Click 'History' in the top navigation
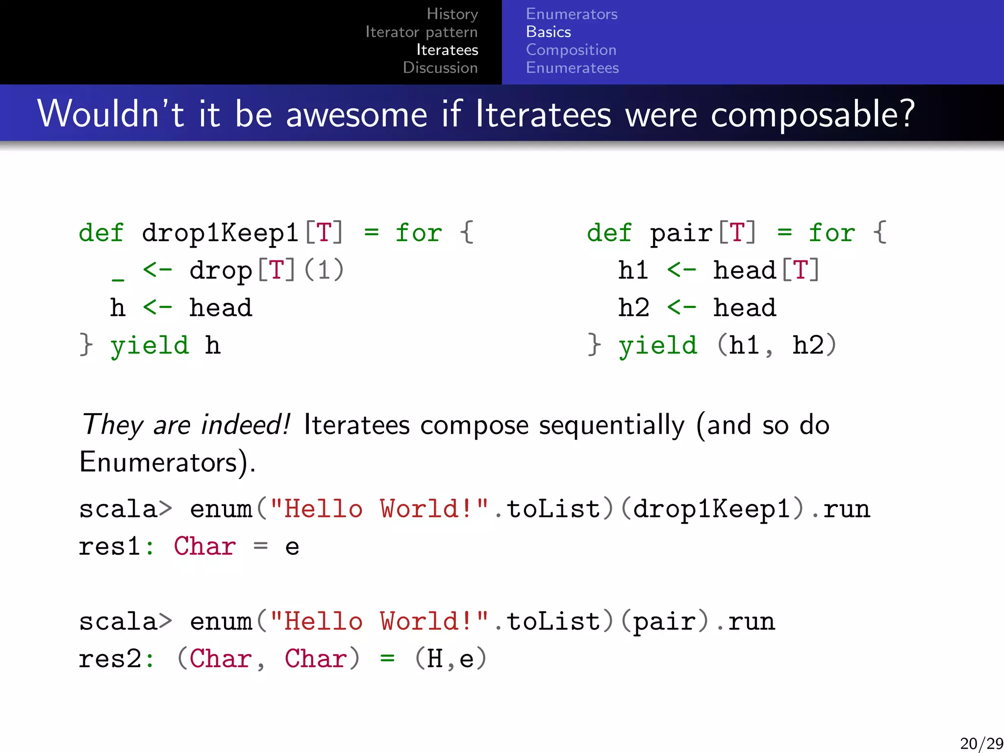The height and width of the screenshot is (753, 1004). pos(452,14)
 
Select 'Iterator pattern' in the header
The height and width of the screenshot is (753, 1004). pos(421,32)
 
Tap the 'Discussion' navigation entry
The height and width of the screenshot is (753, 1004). pos(440,68)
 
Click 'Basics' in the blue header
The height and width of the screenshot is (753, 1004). pos(548,32)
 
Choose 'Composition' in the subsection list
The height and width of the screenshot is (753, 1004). pos(571,50)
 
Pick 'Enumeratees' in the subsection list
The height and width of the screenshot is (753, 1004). pos(572,68)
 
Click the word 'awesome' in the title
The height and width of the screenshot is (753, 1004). pos(356,114)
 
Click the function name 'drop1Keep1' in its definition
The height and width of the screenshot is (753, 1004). pos(220,232)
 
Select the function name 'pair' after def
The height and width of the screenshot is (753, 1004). pos(681,232)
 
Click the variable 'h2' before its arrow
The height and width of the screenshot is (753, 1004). pos(633,308)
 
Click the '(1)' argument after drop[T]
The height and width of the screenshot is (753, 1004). pos(324,270)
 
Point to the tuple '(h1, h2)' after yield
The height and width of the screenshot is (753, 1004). pos(777,345)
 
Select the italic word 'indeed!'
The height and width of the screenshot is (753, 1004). pos(246,425)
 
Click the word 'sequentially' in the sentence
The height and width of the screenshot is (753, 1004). pos(611,425)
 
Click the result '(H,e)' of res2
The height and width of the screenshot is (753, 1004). pos(451,659)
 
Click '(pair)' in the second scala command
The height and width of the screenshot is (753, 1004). pos(665,622)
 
